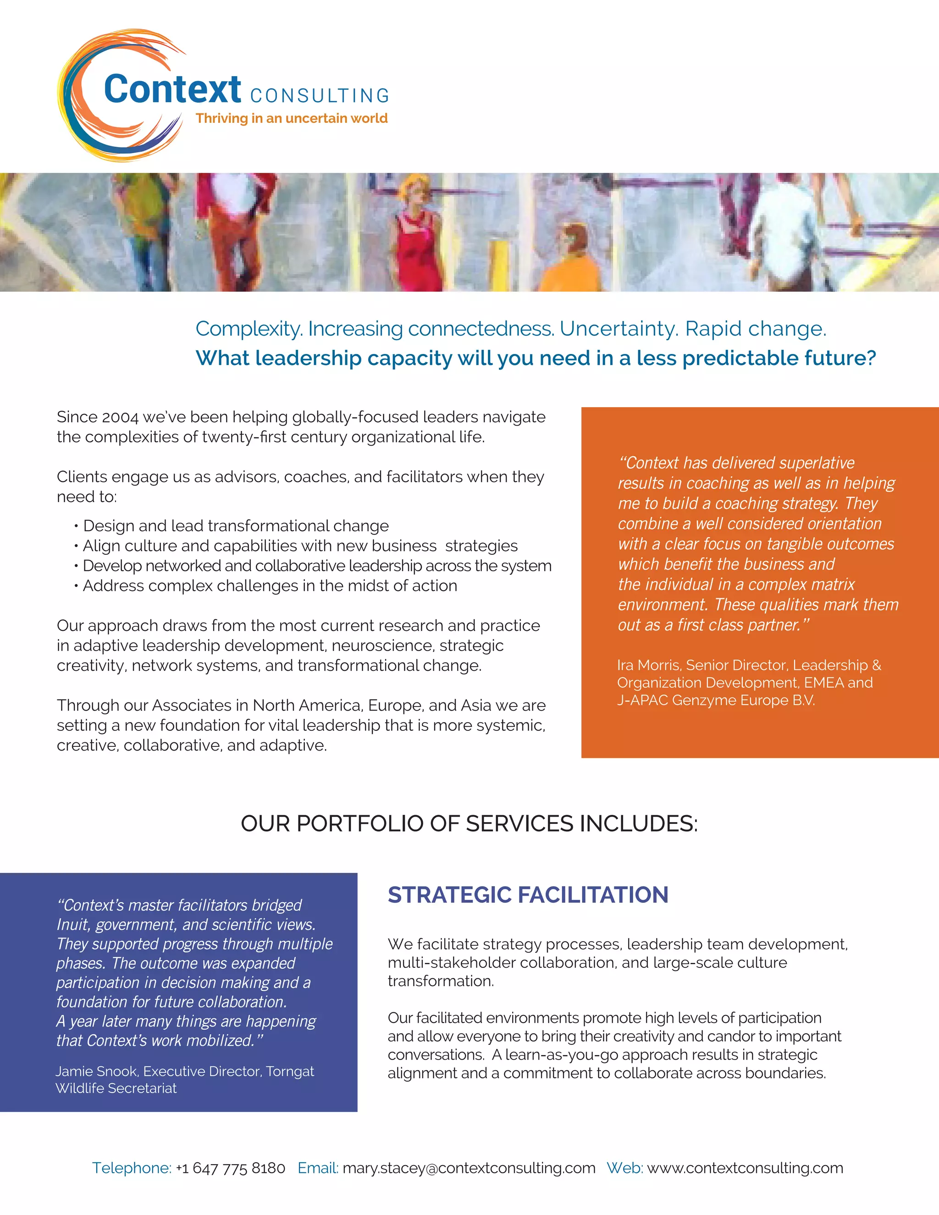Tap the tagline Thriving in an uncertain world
click(292, 118)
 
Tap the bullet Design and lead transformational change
click(236, 526)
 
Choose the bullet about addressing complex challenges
click(270, 586)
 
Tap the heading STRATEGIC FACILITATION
click(528, 895)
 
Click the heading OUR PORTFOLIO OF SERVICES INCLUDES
click(469, 824)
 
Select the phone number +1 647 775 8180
click(230, 1168)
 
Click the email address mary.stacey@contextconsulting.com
click(469, 1168)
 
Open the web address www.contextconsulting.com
click(745, 1168)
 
